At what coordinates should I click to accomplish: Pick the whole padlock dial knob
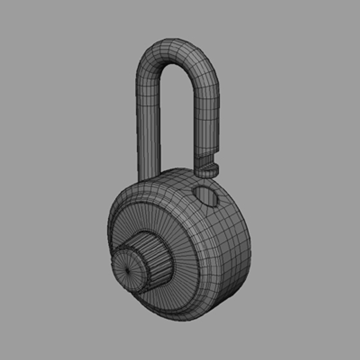tap(142, 263)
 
